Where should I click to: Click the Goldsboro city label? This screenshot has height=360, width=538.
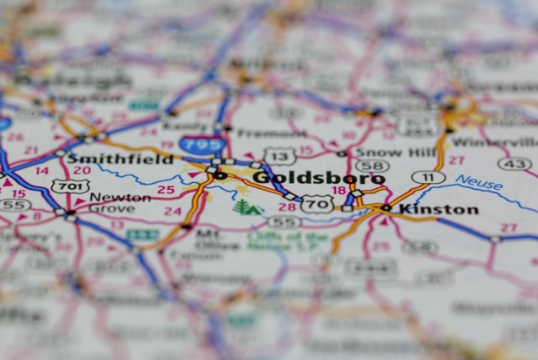[x=318, y=177]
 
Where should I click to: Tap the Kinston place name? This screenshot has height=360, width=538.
[x=438, y=208]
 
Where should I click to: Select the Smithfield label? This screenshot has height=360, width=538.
[x=119, y=159]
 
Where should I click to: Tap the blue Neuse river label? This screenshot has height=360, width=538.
[x=479, y=182]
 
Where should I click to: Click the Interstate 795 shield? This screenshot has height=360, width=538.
[x=203, y=144]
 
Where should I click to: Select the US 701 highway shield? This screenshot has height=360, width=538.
[x=69, y=186]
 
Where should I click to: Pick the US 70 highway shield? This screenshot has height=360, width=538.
[x=317, y=203]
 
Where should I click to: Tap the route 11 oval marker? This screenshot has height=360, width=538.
[x=428, y=177]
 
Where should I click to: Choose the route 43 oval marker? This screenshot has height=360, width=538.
[x=514, y=164]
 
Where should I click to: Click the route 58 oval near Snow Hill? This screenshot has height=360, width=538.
[x=372, y=166]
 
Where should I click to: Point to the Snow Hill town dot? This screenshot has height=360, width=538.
[x=341, y=153]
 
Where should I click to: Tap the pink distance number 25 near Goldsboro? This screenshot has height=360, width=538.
[x=166, y=189]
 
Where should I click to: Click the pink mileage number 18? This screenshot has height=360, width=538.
[x=339, y=190]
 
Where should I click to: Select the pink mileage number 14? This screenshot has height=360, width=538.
[x=42, y=171]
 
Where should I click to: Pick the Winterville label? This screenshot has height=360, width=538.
[x=494, y=143]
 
